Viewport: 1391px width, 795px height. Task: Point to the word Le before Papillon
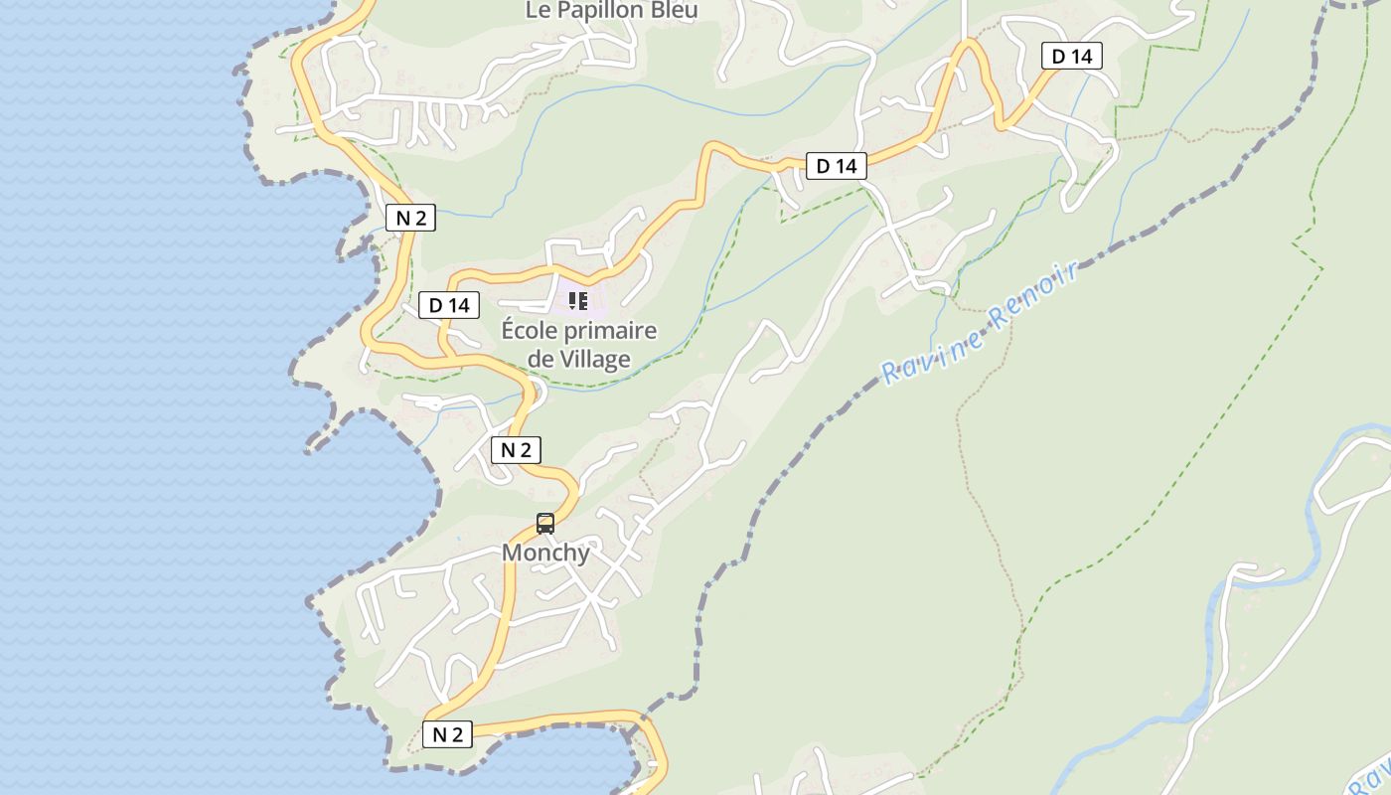[x=537, y=10]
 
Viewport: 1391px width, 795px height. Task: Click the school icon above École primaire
[x=578, y=300]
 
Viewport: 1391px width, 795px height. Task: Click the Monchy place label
[x=545, y=553]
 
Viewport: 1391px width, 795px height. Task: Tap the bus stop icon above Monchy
[x=545, y=523]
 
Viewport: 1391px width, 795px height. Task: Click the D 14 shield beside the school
[x=449, y=305]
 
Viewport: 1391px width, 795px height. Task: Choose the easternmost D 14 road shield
[x=1072, y=57]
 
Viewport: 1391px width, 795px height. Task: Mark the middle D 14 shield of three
[x=837, y=166]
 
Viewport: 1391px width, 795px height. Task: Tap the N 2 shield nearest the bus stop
[x=516, y=450]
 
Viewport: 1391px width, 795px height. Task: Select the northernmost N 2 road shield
[x=410, y=219]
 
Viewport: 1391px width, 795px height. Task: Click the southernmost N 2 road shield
[x=447, y=734]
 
